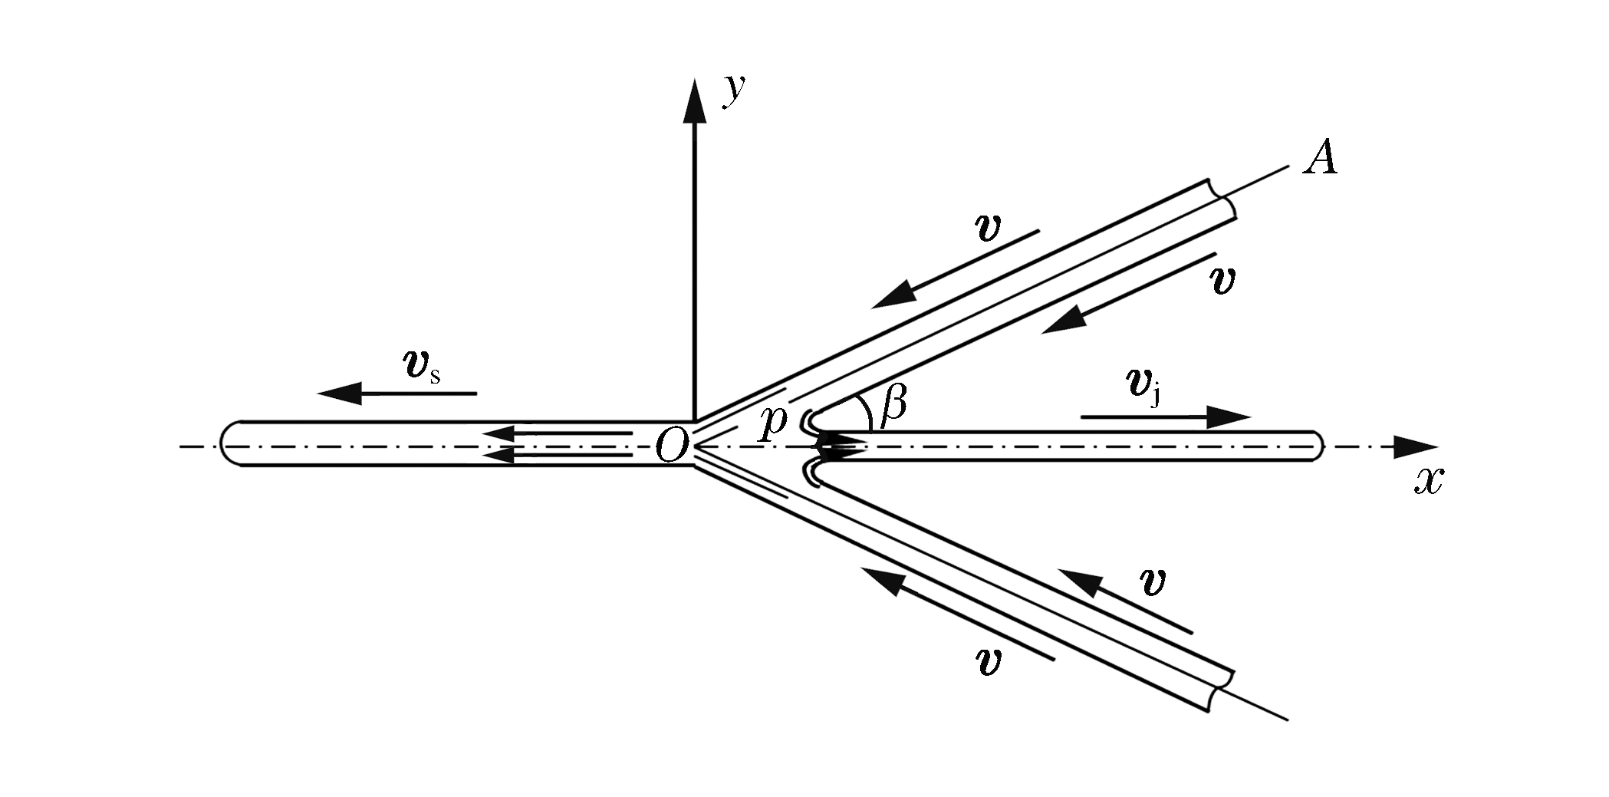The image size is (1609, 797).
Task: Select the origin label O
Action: (x=672, y=446)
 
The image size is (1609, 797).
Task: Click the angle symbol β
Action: (x=893, y=404)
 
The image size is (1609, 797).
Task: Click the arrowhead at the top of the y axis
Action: (x=695, y=100)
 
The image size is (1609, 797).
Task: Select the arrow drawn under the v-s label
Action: (x=397, y=394)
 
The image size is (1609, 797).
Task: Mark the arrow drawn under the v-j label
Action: (x=1166, y=417)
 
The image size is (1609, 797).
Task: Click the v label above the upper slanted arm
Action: (x=987, y=228)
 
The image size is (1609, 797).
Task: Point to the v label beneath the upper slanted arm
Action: (x=1221, y=281)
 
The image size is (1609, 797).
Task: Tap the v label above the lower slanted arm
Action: (x=1151, y=583)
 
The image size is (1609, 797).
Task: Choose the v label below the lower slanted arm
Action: (x=990, y=661)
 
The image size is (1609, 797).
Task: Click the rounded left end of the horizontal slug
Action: (x=226, y=444)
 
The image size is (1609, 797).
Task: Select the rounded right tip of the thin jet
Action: (x=1317, y=446)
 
